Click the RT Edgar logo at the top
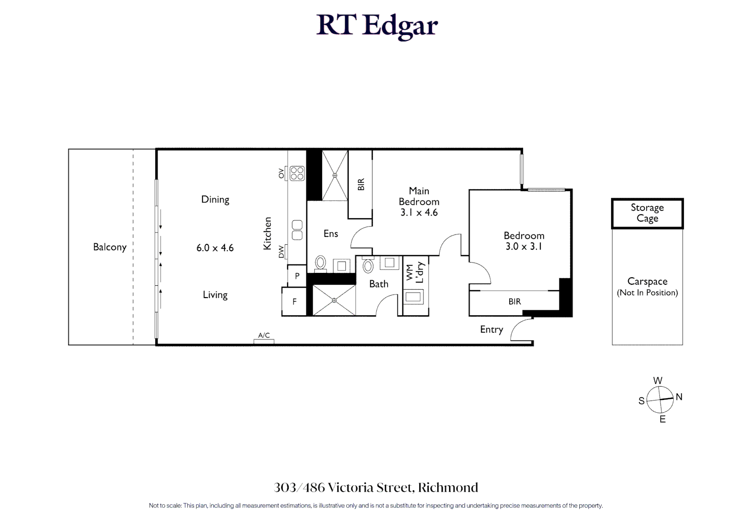(x=377, y=26)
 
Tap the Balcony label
(x=110, y=247)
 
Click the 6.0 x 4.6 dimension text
(x=215, y=248)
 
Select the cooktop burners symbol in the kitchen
(x=297, y=173)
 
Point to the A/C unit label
(x=264, y=335)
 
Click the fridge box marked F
(x=295, y=302)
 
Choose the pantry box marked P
(x=297, y=276)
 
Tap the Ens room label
(x=330, y=234)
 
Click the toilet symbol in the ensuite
(x=321, y=263)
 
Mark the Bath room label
(x=379, y=284)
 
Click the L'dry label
(x=420, y=272)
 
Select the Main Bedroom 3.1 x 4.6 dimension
(x=419, y=213)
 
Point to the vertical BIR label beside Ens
(x=361, y=185)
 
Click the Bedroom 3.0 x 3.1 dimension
(x=524, y=247)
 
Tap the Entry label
(x=491, y=330)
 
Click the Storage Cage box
(x=647, y=213)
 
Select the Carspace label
(x=647, y=282)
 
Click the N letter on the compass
(x=679, y=397)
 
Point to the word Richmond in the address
(x=448, y=488)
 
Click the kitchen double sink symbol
(x=297, y=230)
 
